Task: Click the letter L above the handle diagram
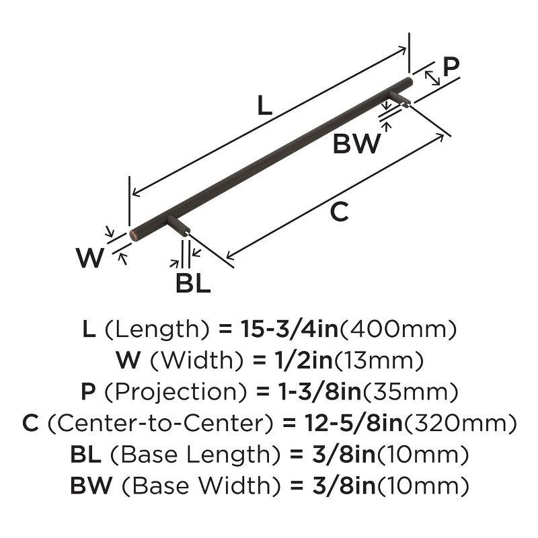(265, 106)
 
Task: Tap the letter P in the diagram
(451, 67)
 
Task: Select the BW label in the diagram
(356, 144)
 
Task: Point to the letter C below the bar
(340, 213)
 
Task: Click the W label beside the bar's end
(89, 258)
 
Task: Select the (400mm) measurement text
(399, 330)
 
